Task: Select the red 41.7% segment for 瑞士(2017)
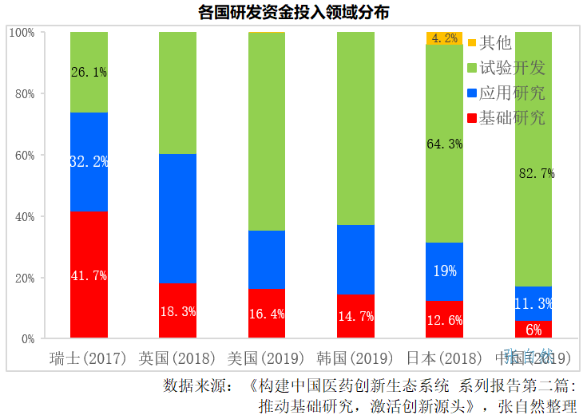89,275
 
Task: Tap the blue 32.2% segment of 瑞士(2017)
89,162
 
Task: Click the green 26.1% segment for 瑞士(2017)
89,72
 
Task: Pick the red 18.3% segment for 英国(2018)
177,311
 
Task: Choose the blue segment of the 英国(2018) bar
177,219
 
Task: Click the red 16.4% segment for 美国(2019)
267,314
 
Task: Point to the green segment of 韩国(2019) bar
355,128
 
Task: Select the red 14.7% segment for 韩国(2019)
355,317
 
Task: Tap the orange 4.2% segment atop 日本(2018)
444,38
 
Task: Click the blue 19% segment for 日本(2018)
444,271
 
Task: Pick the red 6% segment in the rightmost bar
533,330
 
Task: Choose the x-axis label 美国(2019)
267,358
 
